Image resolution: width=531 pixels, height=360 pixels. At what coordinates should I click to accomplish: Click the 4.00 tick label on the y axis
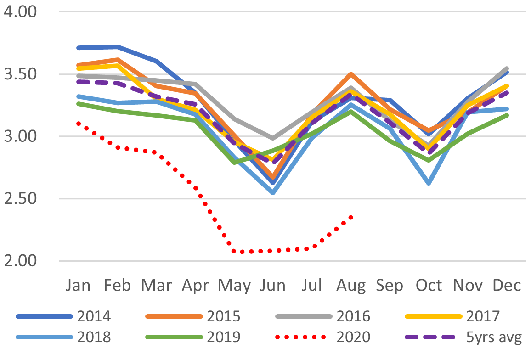tap(19, 11)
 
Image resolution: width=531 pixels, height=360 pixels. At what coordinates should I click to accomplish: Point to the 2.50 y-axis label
tap(19, 199)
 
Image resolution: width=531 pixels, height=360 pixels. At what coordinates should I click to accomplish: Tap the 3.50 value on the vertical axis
tap(19, 74)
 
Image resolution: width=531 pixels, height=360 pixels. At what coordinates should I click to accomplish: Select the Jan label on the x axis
tap(79, 286)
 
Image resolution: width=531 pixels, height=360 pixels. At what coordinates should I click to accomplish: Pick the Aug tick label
tap(350, 286)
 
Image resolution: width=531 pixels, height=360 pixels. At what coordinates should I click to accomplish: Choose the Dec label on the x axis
tap(507, 286)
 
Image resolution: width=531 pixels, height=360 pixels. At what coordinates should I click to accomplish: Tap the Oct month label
tap(429, 286)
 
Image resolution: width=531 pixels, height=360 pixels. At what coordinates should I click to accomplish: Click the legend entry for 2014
tap(94, 316)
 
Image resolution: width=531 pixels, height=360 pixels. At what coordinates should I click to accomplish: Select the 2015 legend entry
tap(224, 316)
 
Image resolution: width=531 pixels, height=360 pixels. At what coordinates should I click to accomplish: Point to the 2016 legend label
tap(353, 316)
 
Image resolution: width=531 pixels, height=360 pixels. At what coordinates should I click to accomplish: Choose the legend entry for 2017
tap(483, 316)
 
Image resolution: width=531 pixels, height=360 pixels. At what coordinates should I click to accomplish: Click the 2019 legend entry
tap(224, 337)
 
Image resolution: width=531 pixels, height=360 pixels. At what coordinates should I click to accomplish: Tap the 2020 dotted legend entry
tap(353, 337)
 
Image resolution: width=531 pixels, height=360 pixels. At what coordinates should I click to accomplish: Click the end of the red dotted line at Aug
tap(351, 217)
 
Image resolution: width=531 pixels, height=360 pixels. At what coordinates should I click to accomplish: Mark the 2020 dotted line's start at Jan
tap(79, 124)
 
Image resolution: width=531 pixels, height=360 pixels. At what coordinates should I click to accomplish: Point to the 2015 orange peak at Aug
tap(351, 74)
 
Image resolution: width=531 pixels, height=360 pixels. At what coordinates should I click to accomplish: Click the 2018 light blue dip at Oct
tap(429, 183)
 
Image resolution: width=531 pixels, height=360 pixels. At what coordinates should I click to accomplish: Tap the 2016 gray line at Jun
tap(273, 138)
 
